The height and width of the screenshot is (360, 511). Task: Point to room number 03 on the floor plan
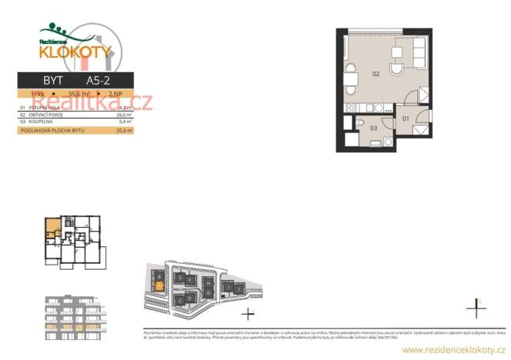373,128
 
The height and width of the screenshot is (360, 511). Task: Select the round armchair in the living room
397,69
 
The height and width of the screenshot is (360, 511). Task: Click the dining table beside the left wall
350,77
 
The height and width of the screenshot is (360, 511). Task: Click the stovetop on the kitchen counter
351,107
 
